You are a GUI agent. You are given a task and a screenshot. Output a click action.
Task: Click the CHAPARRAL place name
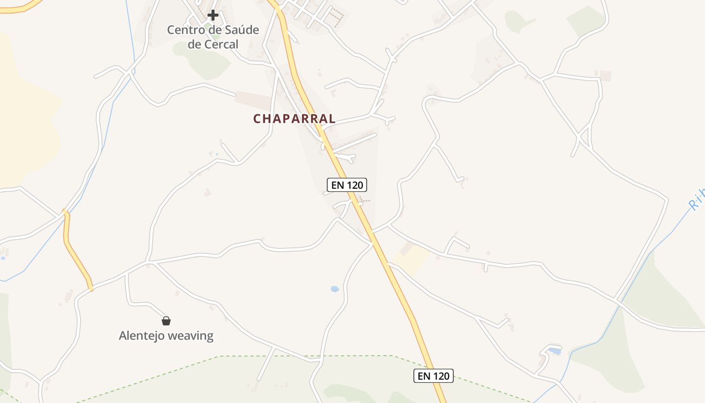coord(294,119)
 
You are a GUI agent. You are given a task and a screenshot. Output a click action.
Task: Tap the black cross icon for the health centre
coord(213,15)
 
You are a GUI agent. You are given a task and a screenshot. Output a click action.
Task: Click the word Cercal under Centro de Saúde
coord(221,44)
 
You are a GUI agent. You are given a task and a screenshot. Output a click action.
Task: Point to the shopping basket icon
coord(166,320)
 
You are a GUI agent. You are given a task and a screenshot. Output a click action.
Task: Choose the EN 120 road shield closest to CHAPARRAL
coord(347,185)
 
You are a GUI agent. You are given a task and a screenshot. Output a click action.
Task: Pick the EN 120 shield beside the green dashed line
coord(433,375)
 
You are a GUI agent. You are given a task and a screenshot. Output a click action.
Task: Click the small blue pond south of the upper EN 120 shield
coord(335,289)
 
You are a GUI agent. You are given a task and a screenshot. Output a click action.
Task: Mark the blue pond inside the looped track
coord(554,351)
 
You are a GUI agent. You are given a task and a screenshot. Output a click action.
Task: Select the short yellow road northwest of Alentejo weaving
coord(76,252)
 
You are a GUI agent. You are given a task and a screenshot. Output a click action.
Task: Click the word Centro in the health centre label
coord(185,30)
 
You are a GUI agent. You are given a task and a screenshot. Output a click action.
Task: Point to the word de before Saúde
coord(211,30)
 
